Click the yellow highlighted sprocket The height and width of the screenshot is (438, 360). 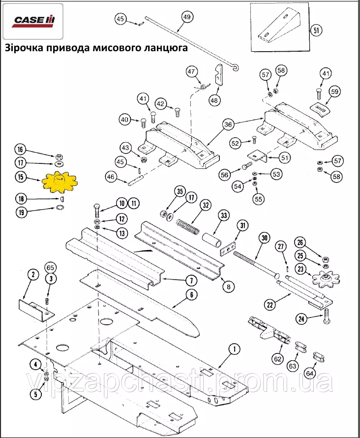pos(59,183)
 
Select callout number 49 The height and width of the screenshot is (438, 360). pos(186,17)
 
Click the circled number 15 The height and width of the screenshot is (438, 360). pos(21,178)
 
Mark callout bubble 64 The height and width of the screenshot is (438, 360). pos(310,374)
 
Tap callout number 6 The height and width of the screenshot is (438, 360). pos(190,295)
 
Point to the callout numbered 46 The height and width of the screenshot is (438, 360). pos(110,177)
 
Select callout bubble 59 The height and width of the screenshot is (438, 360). pos(334,91)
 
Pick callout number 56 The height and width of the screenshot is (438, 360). pos(225,174)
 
